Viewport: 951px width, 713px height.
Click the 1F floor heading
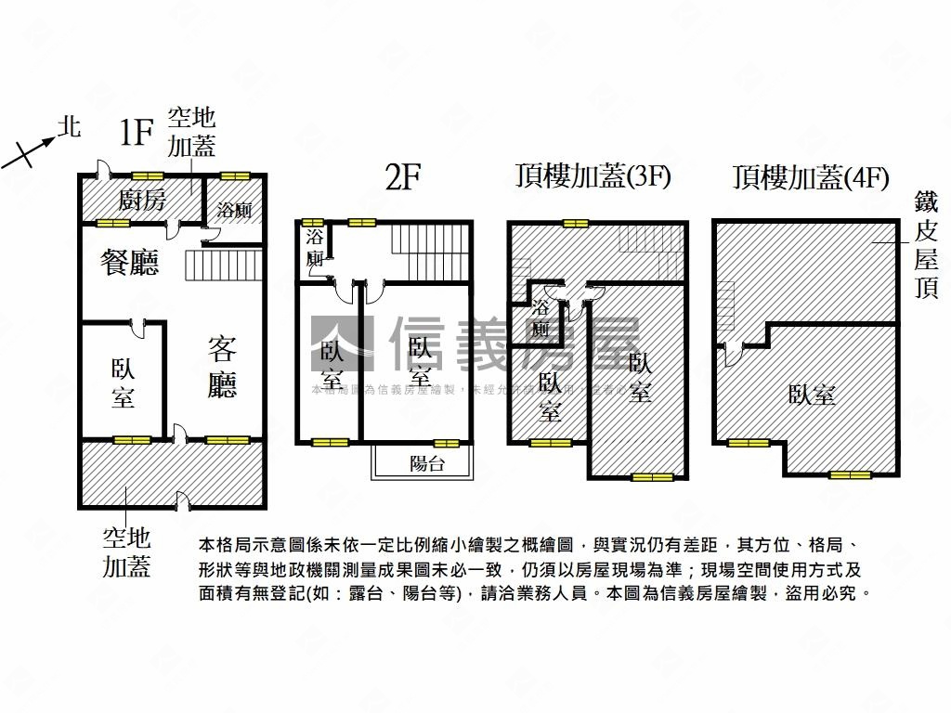tap(136, 134)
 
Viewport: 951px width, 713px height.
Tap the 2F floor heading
tap(404, 176)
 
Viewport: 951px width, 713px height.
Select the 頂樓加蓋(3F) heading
tap(593, 176)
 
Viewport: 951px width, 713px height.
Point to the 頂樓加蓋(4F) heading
tap(811, 176)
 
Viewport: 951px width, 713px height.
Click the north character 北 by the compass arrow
tap(69, 126)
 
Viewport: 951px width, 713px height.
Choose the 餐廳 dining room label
tap(130, 263)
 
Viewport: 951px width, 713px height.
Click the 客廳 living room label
tap(222, 368)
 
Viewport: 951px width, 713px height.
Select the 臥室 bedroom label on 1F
tap(123, 382)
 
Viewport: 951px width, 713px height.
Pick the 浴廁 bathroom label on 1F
tap(234, 210)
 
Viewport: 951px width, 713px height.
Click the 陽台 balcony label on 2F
tap(427, 463)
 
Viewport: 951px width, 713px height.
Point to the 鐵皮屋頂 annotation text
tap(925, 245)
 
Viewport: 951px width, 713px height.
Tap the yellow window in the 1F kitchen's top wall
tap(146, 175)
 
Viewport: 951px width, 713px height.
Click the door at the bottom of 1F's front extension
tap(183, 504)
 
